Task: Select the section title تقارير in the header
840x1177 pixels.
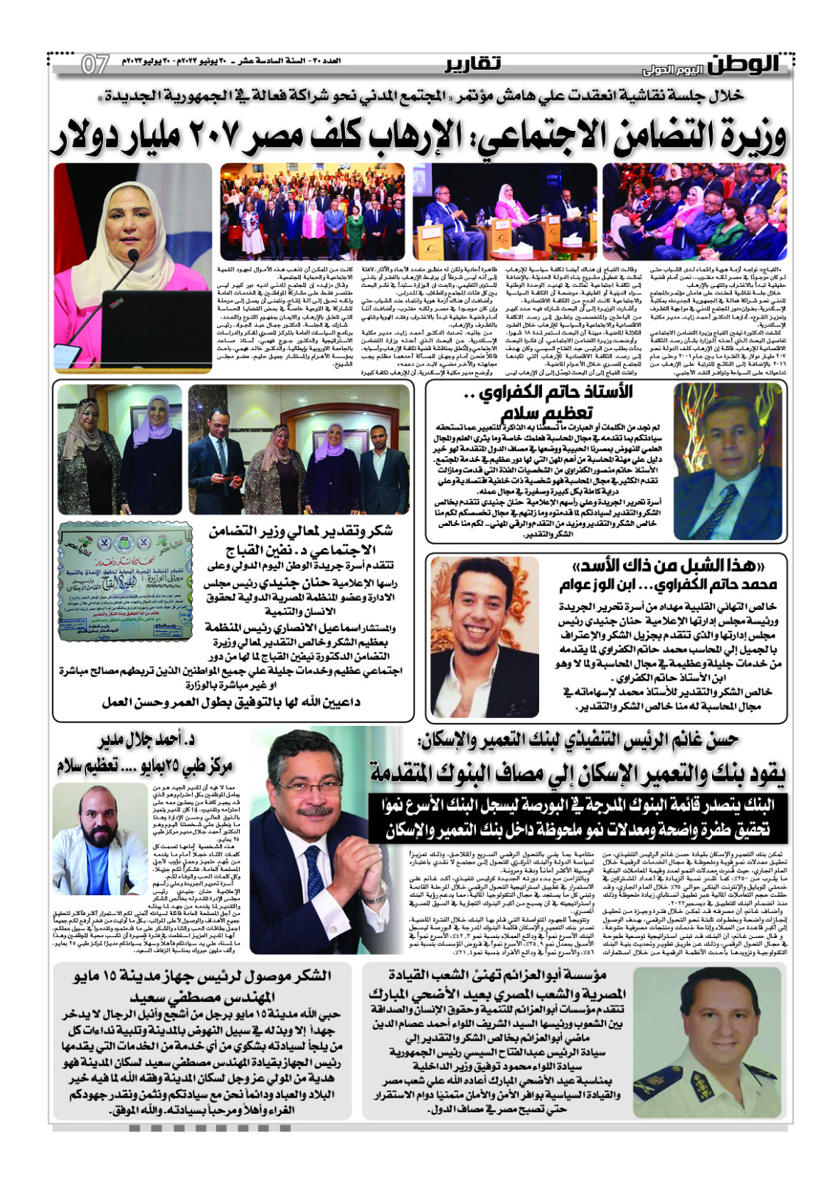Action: [x=473, y=65]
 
